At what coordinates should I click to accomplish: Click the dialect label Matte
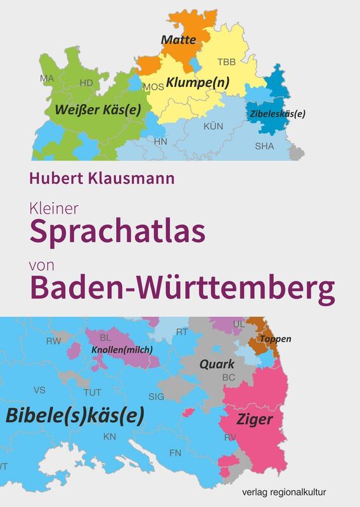(178, 40)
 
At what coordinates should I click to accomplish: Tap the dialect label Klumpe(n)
(198, 82)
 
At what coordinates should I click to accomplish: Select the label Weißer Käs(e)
(98, 108)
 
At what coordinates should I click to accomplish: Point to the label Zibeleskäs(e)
(278, 114)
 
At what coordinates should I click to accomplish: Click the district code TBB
(226, 62)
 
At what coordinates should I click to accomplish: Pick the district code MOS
(153, 87)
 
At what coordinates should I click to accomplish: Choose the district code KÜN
(213, 127)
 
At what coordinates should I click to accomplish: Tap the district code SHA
(265, 146)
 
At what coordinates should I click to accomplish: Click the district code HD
(86, 82)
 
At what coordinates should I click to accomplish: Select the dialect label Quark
(217, 364)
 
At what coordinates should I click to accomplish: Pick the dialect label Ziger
(255, 420)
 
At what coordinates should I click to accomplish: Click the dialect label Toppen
(276, 339)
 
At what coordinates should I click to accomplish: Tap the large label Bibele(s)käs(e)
(75, 415)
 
